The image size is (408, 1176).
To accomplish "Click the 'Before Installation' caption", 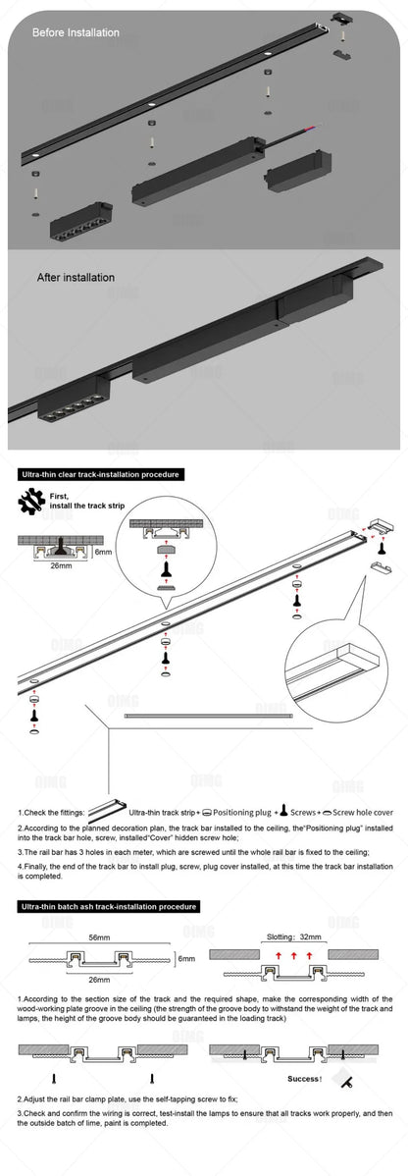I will coord(76,32).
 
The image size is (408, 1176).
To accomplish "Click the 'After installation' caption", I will coord(76,278).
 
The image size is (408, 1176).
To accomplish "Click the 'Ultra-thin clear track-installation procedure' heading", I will coord(101,474).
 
